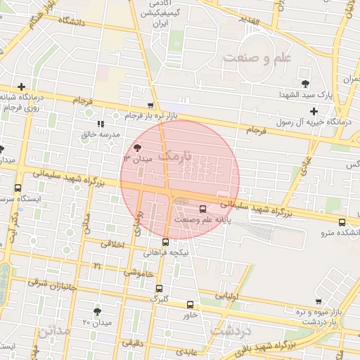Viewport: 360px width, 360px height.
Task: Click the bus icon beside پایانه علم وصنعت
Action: click(203, 209)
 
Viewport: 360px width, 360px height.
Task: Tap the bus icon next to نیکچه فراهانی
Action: click(165, 242)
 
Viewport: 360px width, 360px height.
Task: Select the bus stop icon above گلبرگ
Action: click(159, 288)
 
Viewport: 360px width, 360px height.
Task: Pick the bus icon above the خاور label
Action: click(191, 304)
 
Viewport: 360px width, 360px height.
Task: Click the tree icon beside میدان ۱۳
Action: click(136, 148)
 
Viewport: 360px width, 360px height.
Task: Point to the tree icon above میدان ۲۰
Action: click(97, 311)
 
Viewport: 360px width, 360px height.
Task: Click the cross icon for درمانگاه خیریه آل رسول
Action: click(314, 111)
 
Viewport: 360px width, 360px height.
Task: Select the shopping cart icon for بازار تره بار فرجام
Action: click(150, 105)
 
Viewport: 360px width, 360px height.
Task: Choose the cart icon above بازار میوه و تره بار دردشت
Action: click(319, 301)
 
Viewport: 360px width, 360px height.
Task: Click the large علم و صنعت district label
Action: click(257, 57)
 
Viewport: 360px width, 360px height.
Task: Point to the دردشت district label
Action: click(230, 328)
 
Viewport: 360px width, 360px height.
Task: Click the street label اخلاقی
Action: click(112, 245)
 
